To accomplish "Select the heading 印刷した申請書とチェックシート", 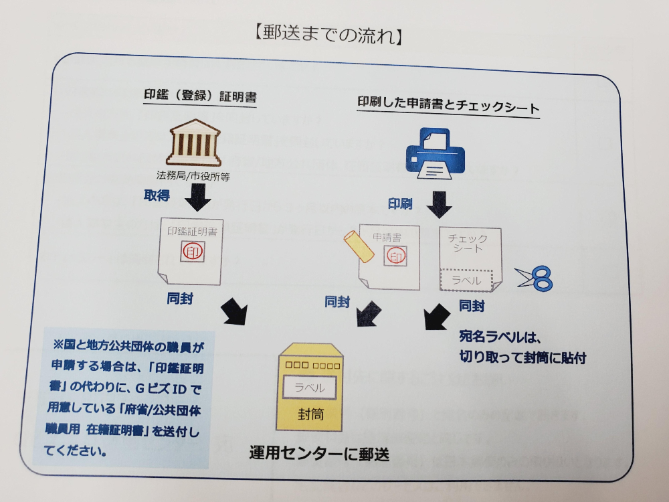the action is [x=448, y=105].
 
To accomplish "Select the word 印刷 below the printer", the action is [x=399, y=203].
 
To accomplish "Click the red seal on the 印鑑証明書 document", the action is [x=191, y=252].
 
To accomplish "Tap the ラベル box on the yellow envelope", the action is [x=309, y=388].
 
